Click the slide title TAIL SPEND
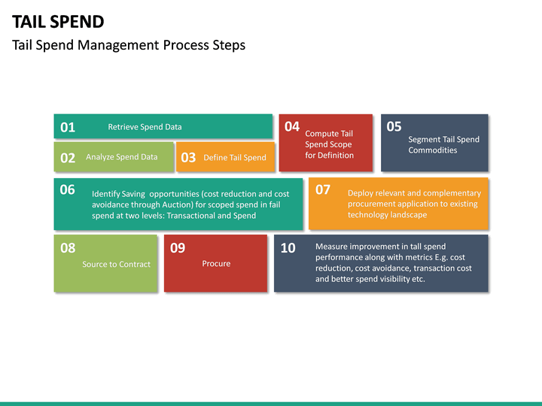coord(58,21)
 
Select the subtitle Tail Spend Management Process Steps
coord(129,45)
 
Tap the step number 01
coord(68,127)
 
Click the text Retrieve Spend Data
coord(145,127)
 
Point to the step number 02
coord(68,158)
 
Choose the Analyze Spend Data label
coord(121,157)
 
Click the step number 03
coord(188,158)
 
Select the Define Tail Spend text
coord(234,158)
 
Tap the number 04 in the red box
coord(292,126)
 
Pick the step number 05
coord(394,126)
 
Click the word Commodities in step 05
coord(432,150)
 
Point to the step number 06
coord(68,189)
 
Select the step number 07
coord(323,189)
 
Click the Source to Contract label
coord(116,264)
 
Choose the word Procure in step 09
coord(216,263)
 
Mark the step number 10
coord(288,248)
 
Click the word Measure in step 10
coord(332,247)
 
